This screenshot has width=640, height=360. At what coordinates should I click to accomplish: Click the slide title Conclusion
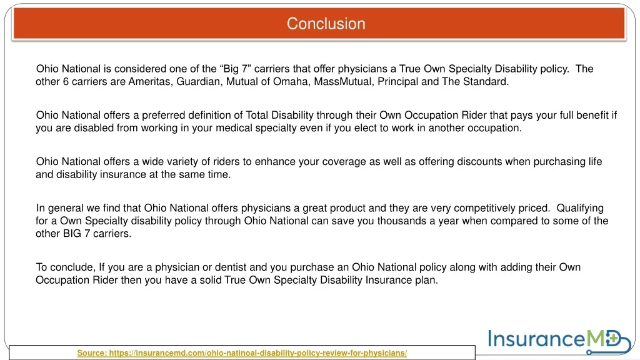326,24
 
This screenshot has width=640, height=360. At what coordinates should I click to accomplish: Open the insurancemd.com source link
242,353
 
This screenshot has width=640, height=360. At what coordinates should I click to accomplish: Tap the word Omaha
289,81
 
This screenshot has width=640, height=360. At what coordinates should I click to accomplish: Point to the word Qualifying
580,208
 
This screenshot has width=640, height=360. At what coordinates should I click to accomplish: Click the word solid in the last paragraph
210,280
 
